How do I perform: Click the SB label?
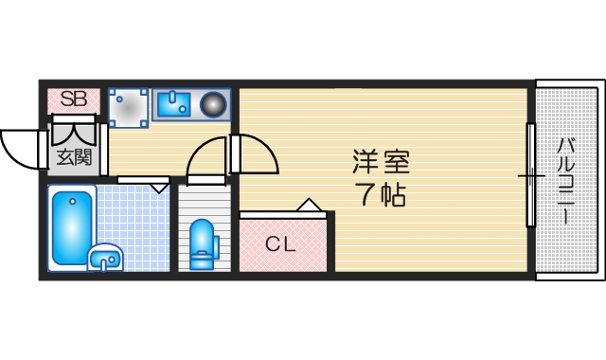[74, 99]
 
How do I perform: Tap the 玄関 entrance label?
[73, 156]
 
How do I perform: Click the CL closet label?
[280, 243]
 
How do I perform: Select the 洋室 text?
[383, 159]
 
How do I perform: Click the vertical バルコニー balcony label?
[566, 180]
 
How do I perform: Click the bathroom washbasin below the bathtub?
[105, 256]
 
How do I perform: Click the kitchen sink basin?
[174, 103]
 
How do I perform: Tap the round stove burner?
[214, 103]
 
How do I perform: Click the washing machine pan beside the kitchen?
[129, 107]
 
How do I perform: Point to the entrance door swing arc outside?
[19, 147]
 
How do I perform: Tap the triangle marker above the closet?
[310, 205]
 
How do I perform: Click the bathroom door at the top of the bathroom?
[143, 179]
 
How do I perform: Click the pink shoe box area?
[74, 99]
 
